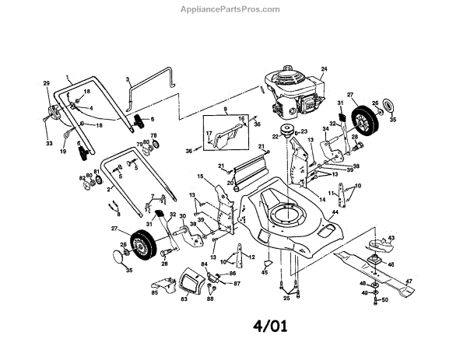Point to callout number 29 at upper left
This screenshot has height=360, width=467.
point(46,83)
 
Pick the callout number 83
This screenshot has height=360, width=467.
point(185,299)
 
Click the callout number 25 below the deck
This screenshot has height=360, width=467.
point(286,298)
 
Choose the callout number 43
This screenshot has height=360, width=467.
point(391,237)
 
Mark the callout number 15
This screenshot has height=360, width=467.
point(199,177)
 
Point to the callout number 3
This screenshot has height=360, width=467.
point(127,79)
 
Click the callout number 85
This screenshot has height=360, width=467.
point(154,292)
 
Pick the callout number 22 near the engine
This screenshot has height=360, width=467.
point(274,137)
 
